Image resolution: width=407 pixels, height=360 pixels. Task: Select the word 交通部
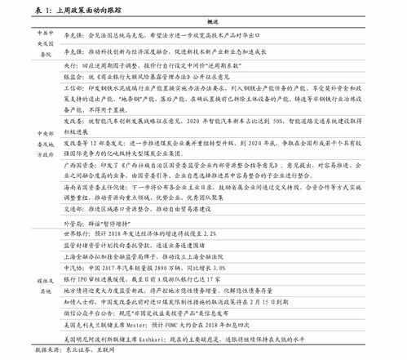point(73,206)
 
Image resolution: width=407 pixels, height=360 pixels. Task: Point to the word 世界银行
point(77,233)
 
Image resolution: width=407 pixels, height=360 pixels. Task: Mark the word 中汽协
point(73,267)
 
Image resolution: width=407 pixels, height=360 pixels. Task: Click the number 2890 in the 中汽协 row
point(163,267)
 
